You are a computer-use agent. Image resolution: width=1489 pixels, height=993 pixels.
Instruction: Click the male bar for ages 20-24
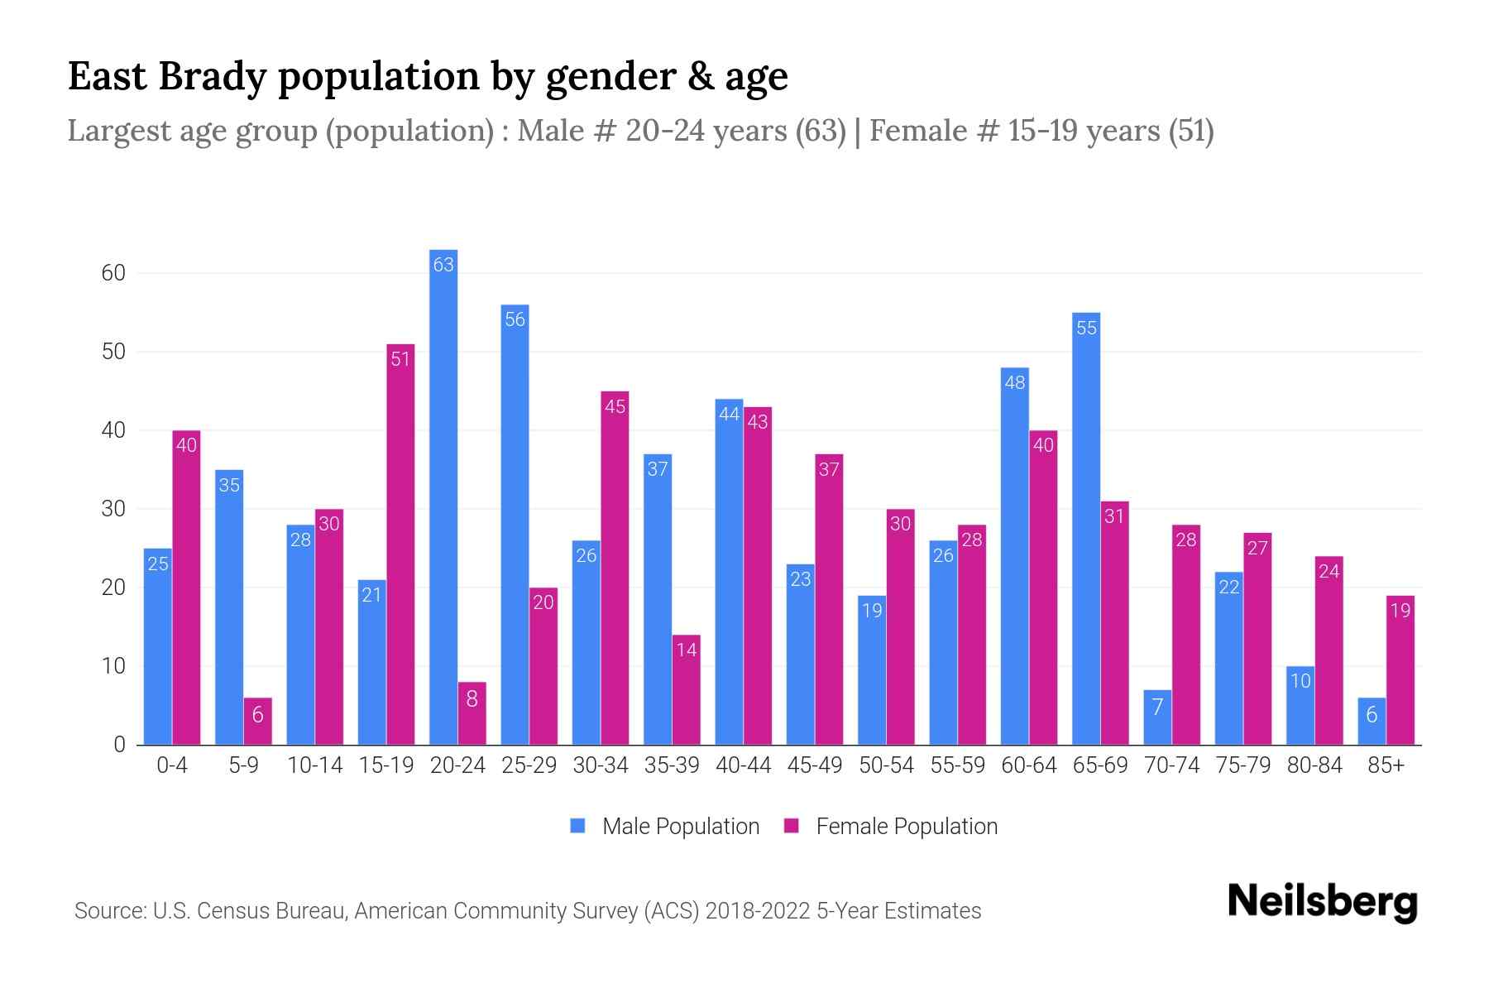(443, 496)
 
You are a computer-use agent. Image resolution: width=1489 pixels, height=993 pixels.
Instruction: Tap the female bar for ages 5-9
(257, 721)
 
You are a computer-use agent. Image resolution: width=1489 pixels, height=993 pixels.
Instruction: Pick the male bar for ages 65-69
(1086, 529)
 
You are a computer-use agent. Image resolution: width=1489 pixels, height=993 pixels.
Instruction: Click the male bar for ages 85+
(1372, 721)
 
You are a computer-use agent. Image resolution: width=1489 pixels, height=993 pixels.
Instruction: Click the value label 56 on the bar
(515, 319)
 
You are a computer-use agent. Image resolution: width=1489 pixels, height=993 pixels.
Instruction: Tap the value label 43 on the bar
(757, 422)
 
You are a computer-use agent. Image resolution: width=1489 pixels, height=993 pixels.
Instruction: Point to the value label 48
(1014, 382)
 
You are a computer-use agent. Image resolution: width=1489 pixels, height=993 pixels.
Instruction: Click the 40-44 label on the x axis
(743, 765)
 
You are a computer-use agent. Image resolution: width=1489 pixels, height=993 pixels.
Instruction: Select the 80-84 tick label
(1314, 765)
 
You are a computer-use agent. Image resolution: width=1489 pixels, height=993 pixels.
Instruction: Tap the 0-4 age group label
(172, 765)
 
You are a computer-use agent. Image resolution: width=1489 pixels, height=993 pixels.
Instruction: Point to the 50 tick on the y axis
(113, 352)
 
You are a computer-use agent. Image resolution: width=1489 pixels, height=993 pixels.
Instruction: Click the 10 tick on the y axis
(113, 666)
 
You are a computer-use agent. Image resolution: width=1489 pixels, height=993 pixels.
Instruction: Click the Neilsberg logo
(1322, 902)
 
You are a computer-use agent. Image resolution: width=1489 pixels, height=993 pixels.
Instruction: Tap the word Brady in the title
(212, 76)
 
